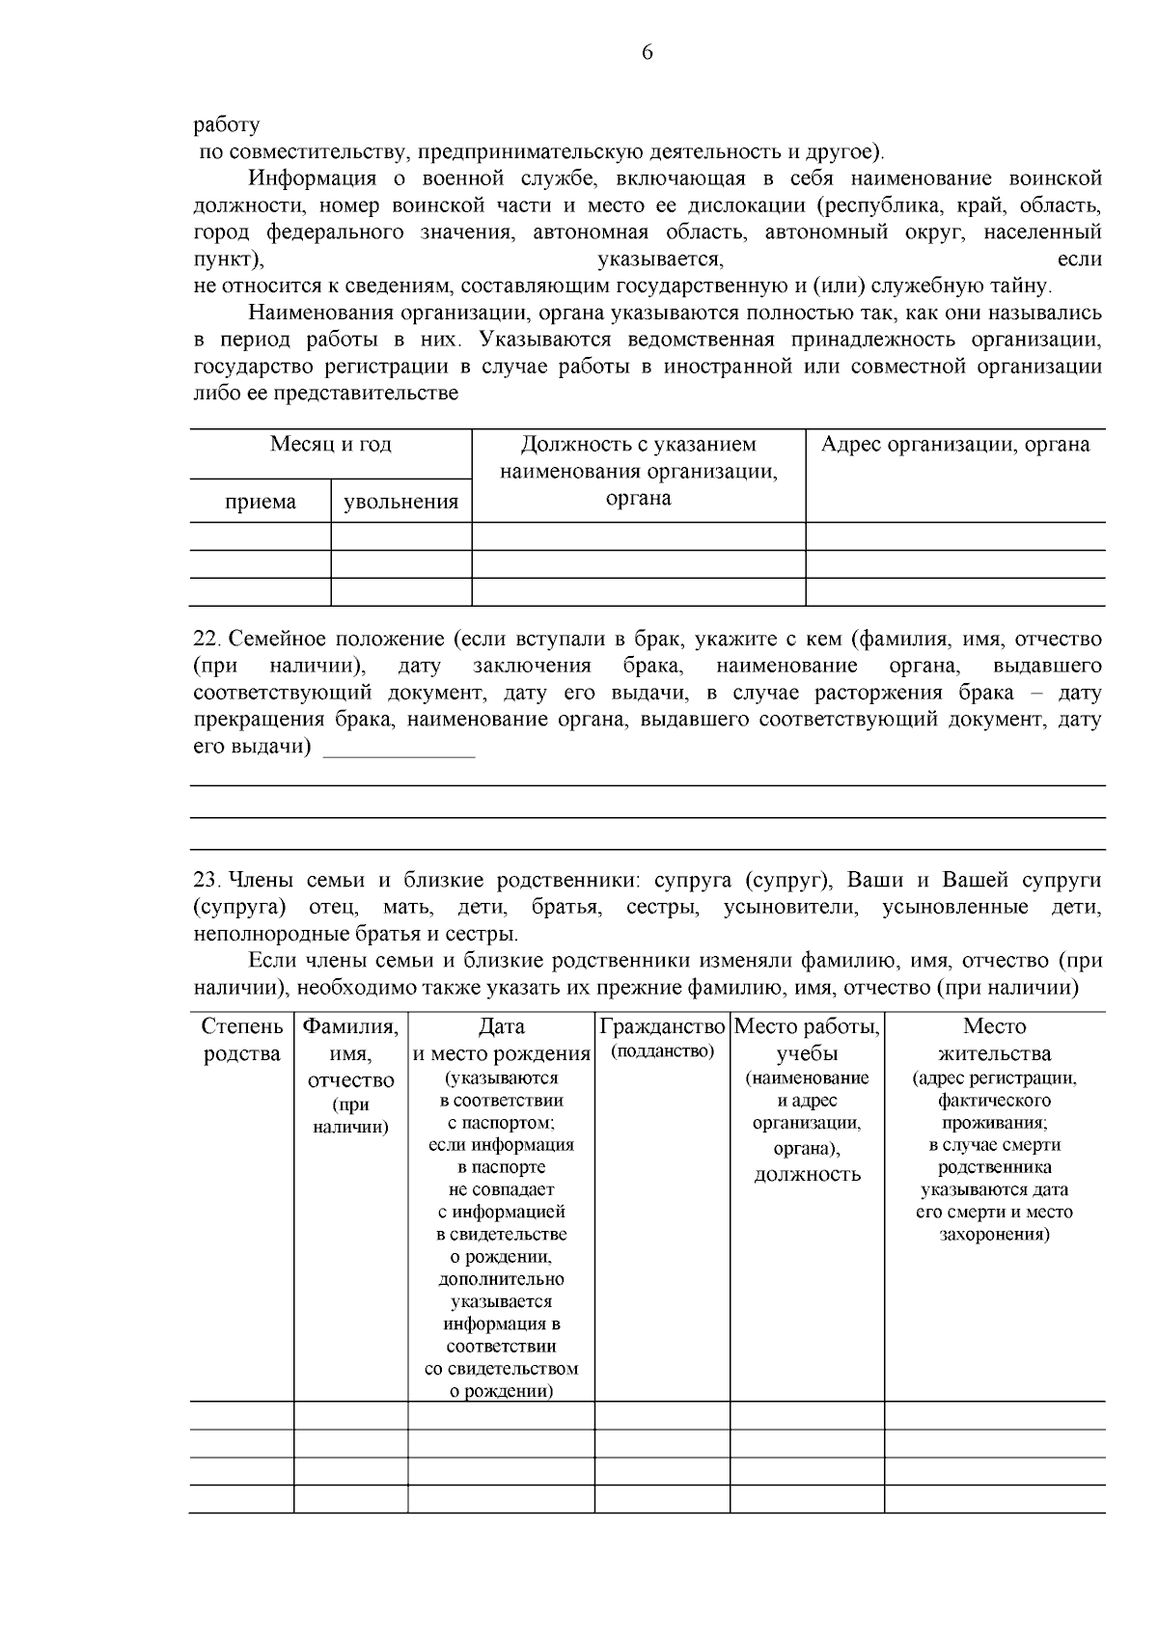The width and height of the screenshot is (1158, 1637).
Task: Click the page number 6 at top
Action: point(647,53)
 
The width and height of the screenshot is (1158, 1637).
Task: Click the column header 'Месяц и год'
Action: point(330,445)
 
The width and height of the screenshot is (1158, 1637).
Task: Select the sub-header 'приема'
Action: point(261,503)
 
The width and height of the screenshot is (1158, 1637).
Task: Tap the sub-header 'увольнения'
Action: point(401,503)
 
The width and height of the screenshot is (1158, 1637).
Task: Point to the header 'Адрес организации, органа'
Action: point(954,445)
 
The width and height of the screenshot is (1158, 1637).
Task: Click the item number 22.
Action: point(207,640)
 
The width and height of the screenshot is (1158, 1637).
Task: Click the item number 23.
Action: point(207,881)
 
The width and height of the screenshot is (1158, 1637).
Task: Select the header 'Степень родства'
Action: point(242,1040)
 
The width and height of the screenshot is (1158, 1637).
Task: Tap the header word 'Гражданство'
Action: point(662,1026)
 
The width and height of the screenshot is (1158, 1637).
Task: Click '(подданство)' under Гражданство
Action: point(662,1051)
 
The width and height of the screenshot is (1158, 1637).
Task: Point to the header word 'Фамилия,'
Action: point(350,1026)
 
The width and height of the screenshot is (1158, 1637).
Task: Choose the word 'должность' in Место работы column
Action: point(807,1175)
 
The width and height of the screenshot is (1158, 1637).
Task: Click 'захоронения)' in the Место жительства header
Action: point(994,1235)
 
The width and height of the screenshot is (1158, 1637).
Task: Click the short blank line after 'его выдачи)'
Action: point(399,750)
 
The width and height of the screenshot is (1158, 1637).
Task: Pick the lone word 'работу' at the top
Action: point(227,124)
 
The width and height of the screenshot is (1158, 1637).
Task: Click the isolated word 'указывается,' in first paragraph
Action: point(660,259)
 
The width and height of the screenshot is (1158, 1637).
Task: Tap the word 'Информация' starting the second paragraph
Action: point(312,178)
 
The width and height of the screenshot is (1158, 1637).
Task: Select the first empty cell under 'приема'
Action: point(261,536)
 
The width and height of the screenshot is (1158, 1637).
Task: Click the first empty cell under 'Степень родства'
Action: point(241,1414)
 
